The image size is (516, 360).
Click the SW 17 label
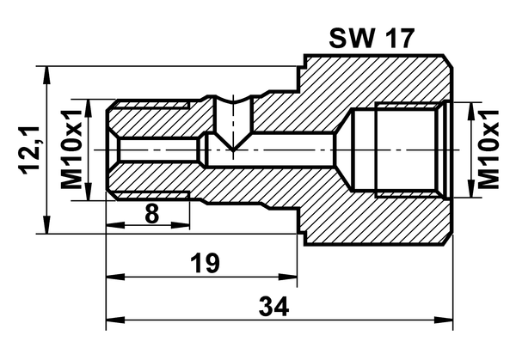point(372,39)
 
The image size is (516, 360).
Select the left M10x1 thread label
point(71,149)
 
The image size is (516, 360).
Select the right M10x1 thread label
point(488,149)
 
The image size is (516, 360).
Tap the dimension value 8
point(151,214)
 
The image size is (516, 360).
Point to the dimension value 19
point(205,263)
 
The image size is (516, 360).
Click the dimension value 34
point(273,306)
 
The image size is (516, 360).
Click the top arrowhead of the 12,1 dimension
point(47,75)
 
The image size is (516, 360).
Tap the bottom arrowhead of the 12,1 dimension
point(47,224)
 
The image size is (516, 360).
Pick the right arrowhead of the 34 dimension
point(444,320)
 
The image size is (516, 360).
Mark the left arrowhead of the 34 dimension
point(115,320)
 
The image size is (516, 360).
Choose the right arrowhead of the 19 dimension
point(287,277)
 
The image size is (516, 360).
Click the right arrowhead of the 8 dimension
point(181,225)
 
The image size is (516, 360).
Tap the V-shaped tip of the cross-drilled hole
point(233,149)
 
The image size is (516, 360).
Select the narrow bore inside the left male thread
point(159,149)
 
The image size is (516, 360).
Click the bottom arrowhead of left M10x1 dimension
point(88,192)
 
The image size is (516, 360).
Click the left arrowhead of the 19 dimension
point(115,277)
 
